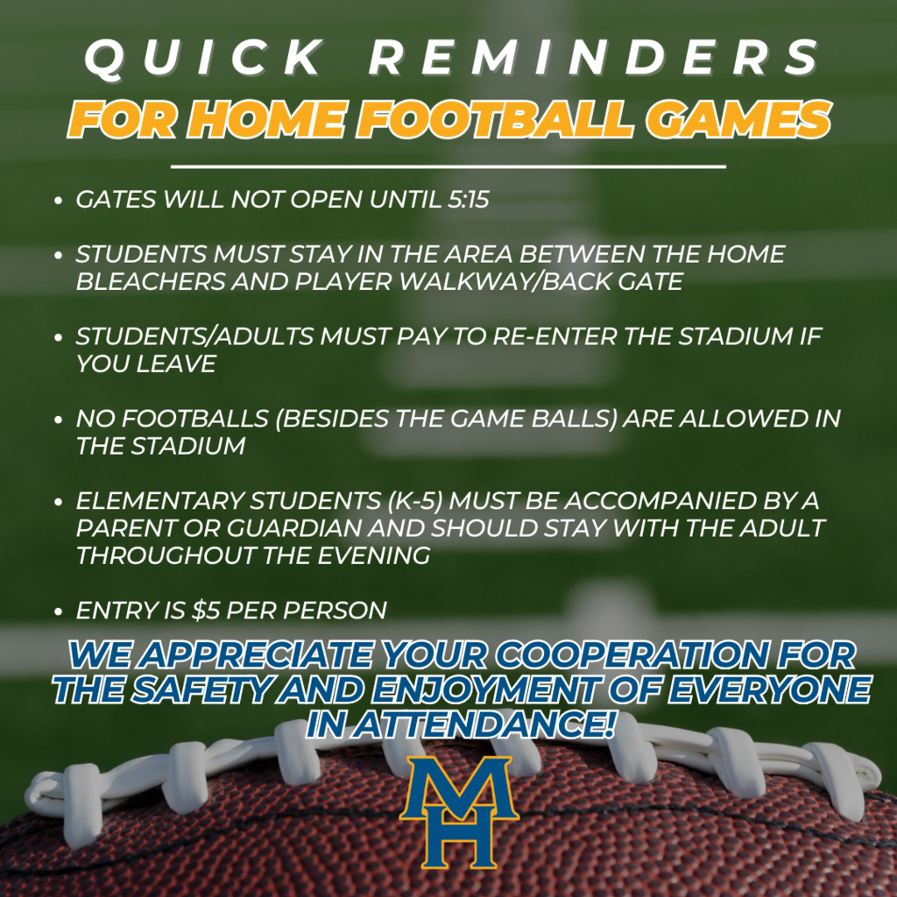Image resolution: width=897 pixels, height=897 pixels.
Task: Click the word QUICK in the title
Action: point(203,58)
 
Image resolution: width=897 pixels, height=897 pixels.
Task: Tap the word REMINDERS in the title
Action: point(594,58)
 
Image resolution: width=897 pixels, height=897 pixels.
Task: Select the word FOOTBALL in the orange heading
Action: point(495,119)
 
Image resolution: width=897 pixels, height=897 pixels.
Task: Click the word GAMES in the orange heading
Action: point(738,119)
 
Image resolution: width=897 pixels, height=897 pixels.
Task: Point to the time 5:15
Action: point(469,200)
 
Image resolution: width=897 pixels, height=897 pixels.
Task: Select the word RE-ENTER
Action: point(554,336)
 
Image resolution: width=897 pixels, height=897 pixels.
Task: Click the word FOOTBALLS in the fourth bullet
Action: point(195,419)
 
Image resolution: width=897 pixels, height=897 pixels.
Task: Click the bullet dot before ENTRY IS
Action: point(58,611)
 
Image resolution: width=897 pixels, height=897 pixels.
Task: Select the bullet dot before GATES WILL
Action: point(58,201)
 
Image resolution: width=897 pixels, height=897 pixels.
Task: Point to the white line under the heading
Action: point(448,167)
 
